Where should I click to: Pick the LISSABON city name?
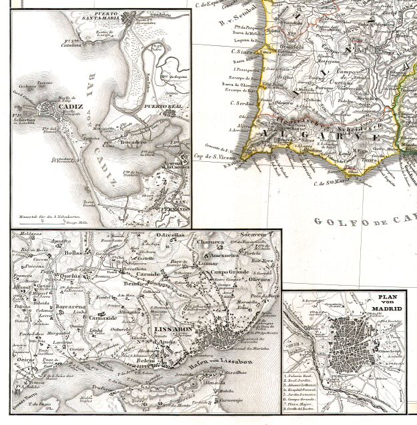pyautogui.click(x=172, y=329)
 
